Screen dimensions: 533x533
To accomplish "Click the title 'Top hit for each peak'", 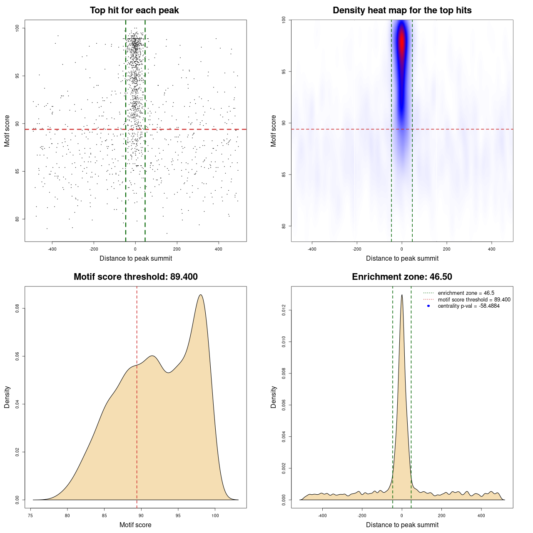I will [x=134, y=10].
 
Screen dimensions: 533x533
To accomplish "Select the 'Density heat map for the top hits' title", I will [x=402, y=10].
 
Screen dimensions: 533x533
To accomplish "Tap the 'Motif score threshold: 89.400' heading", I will [x=135, y=277].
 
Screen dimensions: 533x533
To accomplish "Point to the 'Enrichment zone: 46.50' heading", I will [x=402, y=277].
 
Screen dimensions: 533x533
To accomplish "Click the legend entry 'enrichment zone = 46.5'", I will [x=466, y=293].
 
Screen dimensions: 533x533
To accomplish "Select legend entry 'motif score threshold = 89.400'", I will [x=474, y=299].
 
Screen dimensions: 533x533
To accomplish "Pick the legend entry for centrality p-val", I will [x=468, y=306].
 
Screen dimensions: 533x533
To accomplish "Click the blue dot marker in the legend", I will [x=428, y=306].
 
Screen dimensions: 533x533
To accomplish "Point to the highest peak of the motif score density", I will [x=201, y=295].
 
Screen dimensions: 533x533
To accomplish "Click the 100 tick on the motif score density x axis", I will [x=215, y=516].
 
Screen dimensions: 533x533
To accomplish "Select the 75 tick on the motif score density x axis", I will [x=30, y=516].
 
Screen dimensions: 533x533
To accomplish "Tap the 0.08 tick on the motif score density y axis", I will [x=17, y=309].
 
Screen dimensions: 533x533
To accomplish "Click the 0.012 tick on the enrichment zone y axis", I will [x=284, y=310].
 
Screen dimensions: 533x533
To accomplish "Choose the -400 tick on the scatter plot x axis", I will [x=52, y=249].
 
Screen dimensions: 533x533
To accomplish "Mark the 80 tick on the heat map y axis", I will [x=284, y=226].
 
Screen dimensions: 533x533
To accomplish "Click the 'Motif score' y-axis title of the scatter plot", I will [x=7, y=131].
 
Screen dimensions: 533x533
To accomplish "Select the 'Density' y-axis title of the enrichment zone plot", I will [x=274, y=397].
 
